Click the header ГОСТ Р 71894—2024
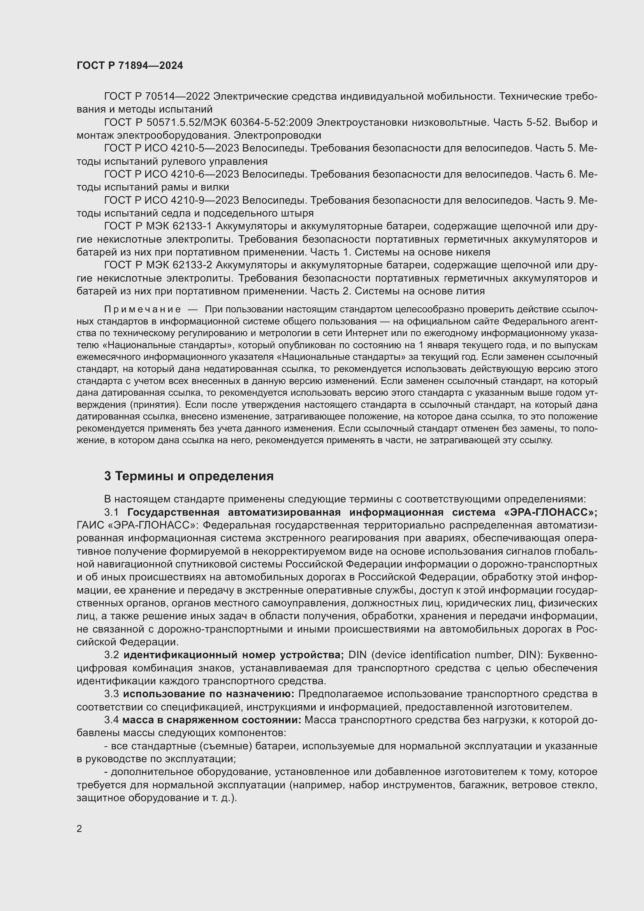point(130,65)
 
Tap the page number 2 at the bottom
point(79,828)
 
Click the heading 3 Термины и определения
point(189,476)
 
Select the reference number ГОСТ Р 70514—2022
point(157,97)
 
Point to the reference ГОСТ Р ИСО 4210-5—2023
point(171,148)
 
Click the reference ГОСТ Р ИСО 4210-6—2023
point(171,174)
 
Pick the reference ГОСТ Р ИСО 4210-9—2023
point(171,200)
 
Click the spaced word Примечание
point(143,309)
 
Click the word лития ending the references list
point(472,291)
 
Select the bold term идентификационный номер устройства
point(234,655)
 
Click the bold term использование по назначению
point(209,694)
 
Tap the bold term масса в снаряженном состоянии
point(212,720)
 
